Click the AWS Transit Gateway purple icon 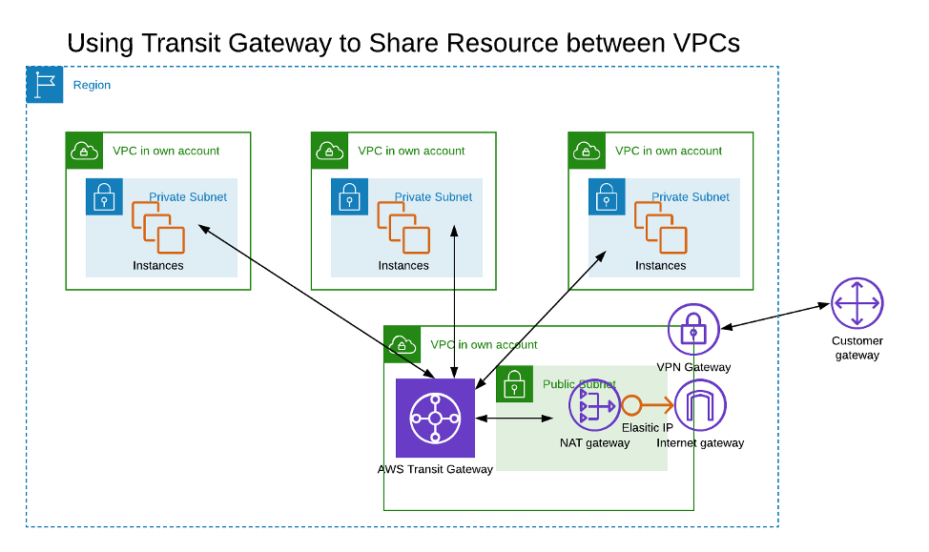click(x=435, y=418)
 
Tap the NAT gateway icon click(x=594, y=405)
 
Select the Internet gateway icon click(x=700, y=405)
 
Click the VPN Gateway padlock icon click(x=693, y=330)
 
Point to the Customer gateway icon click(x=857, y=303)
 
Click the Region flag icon click(x=45, y=85)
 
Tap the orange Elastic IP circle click(x=631, y=405)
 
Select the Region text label click(x=92, y=85)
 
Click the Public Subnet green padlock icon click(x=514, y=384)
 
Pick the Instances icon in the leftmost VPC click(x=157, y=227)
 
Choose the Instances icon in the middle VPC click(x=403, y=227)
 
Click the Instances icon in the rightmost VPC click(x=660, y=227)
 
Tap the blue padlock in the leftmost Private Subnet click(x=104, y=197)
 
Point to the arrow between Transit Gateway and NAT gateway click(x=514, y=418)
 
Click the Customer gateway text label click(x=857, y=348)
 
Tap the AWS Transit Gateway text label click(x=435, y=469)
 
